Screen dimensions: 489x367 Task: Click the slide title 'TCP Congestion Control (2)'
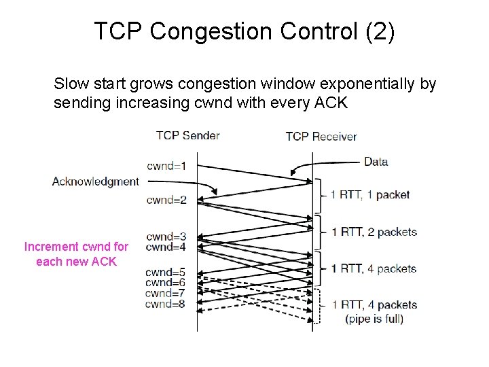[x=244, y=32]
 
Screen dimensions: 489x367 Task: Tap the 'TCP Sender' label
[x=187, y=135]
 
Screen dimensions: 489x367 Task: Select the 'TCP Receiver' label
[x=321, y=137]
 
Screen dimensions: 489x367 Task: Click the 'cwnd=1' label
[x=166, y=165]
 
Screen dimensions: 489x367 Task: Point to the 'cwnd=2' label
[x=166, y=200]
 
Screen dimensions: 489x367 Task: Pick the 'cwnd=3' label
[x=166, y=237]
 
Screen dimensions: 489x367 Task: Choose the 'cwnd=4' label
[x=166, y=247]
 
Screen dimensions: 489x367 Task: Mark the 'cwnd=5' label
[x=165, y=273]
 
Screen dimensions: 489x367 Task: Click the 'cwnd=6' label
[x=165, y=283]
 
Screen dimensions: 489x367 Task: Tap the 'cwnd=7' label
[x=165, y=293]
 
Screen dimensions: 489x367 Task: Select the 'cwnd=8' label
[x=165, y=304]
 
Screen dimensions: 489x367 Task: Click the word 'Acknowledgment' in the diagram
[x=95, y=181]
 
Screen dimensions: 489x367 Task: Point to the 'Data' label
[x=376, y=162]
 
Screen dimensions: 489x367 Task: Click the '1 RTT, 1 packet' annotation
[x=370, y=195]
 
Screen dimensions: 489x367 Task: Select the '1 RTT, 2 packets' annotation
[x=374, y=232]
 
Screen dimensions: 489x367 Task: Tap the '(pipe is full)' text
[x=374, y=318]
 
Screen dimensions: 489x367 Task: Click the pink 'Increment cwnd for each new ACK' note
[x=76, y=254]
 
